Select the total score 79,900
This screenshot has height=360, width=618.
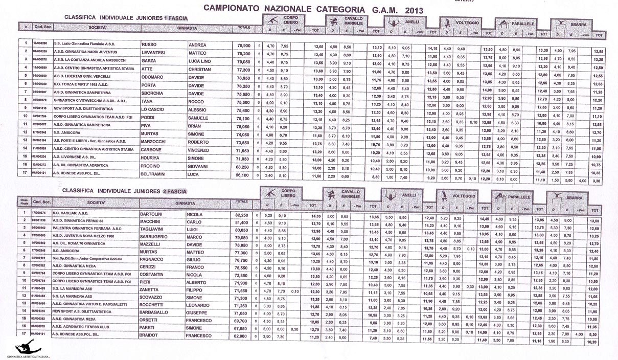(x=243, y=44)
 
